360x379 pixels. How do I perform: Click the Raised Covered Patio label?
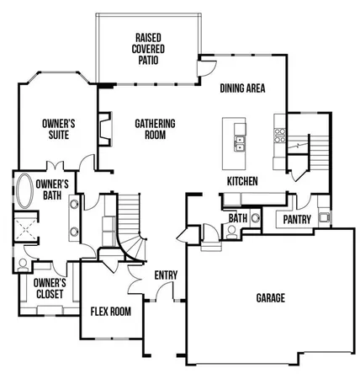pyautogui.click(x=155, y=48)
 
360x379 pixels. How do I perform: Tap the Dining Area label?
pyautogui.click(x=243, y=88)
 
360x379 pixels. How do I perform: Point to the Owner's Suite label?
pyautogui.click(x=59, y=129)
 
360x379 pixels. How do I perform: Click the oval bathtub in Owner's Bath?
pyautogui.click(x=24, y=192)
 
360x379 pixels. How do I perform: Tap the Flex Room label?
pyautogui.click(x=111, y=312)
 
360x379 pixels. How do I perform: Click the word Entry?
pyautogui.click(x=165, y=275)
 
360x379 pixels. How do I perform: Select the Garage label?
pyautogui.click(x=271, y=298)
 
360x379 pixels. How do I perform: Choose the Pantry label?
pyautogui.click(x=297, y=220)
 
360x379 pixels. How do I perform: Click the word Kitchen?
pyautogui.click(x=241, y=181)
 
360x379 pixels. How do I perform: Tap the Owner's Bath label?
pyautogui.click(x=51, y=189)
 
